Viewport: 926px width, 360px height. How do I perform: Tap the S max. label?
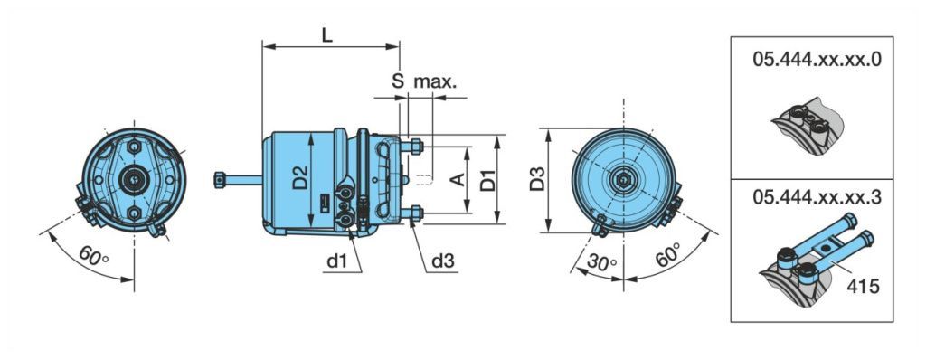[x=424, y=81]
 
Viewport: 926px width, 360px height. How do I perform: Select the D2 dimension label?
[x=300, y=178]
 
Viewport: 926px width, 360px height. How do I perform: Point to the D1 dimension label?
[x=487, y=180]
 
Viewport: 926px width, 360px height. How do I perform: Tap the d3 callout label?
[x=443, y=261]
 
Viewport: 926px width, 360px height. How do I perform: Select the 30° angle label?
[x=601, y=262]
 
